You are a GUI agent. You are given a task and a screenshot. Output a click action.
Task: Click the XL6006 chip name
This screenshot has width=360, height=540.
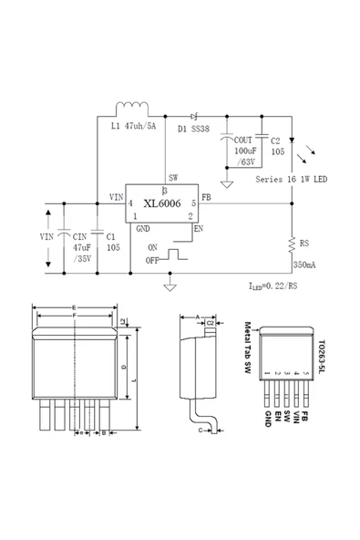(161, 205)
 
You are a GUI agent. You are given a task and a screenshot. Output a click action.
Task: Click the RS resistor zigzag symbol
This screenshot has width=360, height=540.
(291, 244)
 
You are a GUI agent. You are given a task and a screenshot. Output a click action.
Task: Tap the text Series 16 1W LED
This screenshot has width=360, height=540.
(292, 180)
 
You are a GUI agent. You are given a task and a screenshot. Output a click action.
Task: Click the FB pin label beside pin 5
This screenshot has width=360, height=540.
(206, 197)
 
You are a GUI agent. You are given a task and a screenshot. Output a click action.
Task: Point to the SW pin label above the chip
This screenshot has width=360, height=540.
(172, 178)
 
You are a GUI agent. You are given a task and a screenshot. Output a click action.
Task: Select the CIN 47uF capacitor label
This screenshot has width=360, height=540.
(82, 246)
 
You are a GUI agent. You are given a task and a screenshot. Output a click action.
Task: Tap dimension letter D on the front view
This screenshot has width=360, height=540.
(124, 367)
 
